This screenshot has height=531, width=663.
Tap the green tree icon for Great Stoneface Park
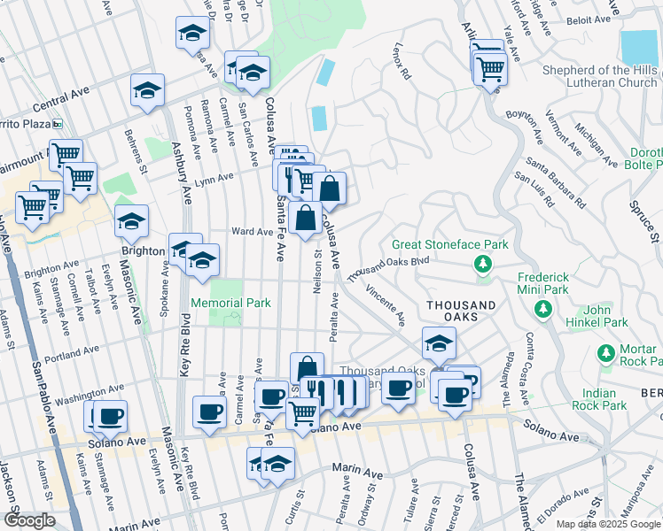pyautogui.click(x=483, y=263)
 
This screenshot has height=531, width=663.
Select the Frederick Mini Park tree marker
pyautogui.click(x=542, y=309)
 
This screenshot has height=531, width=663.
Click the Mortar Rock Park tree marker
pyautogui.click(x=606, y=354)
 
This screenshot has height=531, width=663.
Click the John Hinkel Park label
pyautogui.click(x=609, y=317)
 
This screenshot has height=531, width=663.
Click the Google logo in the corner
pyautogui.click(x=29, y=520)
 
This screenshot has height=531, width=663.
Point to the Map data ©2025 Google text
pyautogui.click(x=607, y=524)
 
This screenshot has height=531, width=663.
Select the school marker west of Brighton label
pyautogui.click(x=131, y=222)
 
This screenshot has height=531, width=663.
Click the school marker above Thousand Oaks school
pyautogui.click(x=438, y=342)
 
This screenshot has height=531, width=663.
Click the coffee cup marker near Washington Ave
pyautogui.click(x=111, y=416)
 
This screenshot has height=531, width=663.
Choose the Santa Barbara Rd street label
pyautogui.click(x=555, y=181)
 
